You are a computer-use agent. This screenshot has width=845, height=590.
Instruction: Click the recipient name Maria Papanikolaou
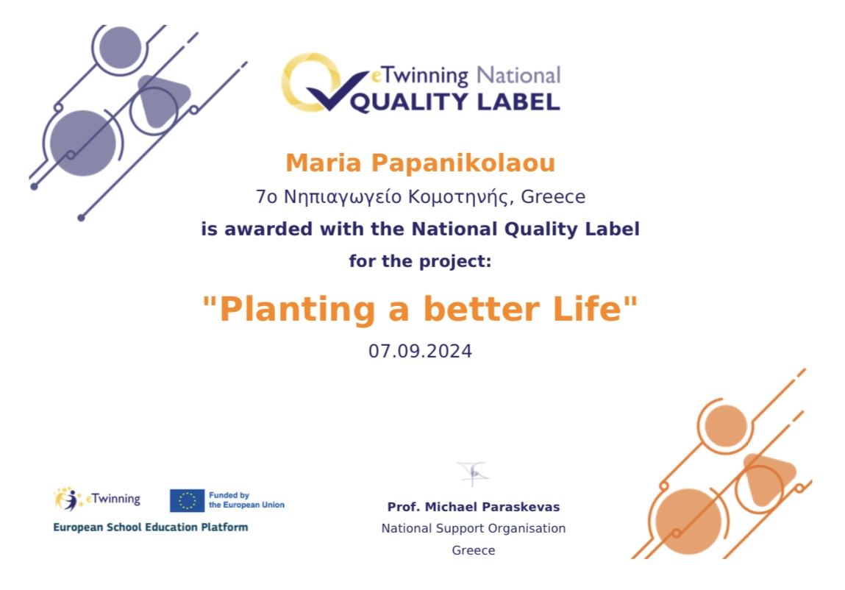click(x=421, y=163)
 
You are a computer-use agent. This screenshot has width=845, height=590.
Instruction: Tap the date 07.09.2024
click(x=421, y=351)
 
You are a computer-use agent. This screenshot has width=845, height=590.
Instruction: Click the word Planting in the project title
click(x=297, y=309)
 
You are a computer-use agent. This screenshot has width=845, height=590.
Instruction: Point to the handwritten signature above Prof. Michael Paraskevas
click(x=473, y=474)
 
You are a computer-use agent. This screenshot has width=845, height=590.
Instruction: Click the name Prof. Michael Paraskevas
click(x=474, y=507)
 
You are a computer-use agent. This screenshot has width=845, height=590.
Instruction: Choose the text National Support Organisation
click(x=474, y=528)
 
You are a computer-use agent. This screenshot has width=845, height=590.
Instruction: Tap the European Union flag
click(x=187, y=500)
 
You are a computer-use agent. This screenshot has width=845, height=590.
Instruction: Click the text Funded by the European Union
click(x=246, y=500)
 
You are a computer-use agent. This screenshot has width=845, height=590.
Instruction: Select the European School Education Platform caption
click(x=150, y=527)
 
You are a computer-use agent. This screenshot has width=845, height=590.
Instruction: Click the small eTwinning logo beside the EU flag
click(x=97, y=499)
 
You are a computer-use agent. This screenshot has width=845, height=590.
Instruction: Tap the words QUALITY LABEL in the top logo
click(x=455, y=102)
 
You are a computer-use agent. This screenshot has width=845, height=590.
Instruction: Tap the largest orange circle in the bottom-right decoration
click(x=688, y=522)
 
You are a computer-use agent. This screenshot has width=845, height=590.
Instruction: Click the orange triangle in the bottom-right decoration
click(x=767, y=478)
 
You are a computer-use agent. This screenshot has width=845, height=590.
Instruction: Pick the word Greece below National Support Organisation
click(x=474, y=550)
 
